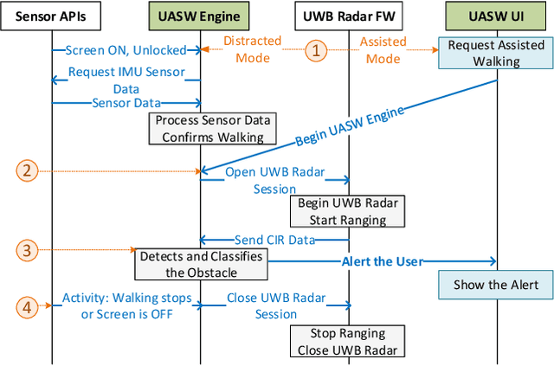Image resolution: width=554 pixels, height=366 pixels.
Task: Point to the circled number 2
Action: pyautogui.click(x=28, y=171)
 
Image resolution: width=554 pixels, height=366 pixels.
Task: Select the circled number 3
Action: pyautogui.click(x=28, y=251)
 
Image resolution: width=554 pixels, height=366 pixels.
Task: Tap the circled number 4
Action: pyautogui.click(x=28, y=305)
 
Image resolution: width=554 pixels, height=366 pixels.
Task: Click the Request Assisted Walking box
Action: pyautogui.click(x=496, y=54)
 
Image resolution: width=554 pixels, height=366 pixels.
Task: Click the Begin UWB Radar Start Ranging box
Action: pyautogui.click(x=348, y=211)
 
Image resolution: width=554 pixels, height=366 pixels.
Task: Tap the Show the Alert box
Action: pyautogui.click(x=496, y=285)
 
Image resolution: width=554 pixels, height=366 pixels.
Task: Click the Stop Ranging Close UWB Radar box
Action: pyautogui.click(x=348, y=342)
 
